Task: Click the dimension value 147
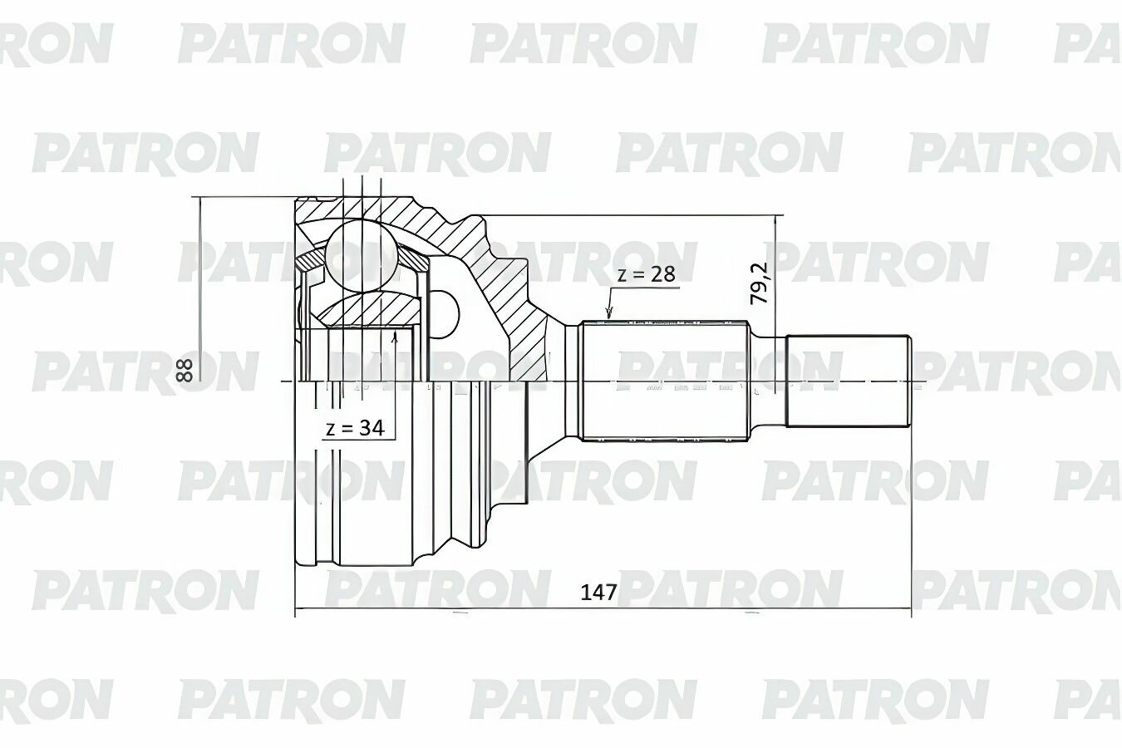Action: (598, 593)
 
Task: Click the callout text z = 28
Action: (646, 274)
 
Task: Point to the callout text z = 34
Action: (355, 428)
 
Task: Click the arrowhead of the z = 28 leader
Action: (609, 313)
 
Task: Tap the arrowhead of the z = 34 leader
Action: (395, 337)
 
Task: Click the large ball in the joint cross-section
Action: (361, 255)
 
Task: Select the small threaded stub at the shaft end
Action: (848, 381)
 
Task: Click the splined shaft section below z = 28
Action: (664, 381)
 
